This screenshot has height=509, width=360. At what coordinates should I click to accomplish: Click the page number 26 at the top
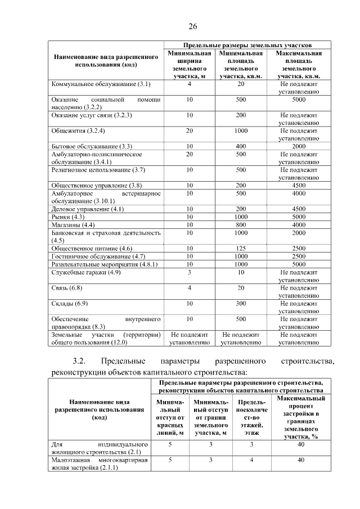point(192,26)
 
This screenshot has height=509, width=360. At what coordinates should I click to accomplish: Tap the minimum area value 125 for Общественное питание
point(241,248)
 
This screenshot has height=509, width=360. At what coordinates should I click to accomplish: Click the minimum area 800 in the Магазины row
point(241,224)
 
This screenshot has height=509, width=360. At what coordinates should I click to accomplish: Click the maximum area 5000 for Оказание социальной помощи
point(299,99)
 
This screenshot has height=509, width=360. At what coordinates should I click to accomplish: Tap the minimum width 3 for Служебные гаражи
point(190,272)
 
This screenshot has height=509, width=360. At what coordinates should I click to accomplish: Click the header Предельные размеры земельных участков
point(247,44)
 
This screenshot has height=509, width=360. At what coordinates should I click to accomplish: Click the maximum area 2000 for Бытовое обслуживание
point(299,146)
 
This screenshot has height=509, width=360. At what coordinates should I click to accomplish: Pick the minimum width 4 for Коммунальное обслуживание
point(190,84)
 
